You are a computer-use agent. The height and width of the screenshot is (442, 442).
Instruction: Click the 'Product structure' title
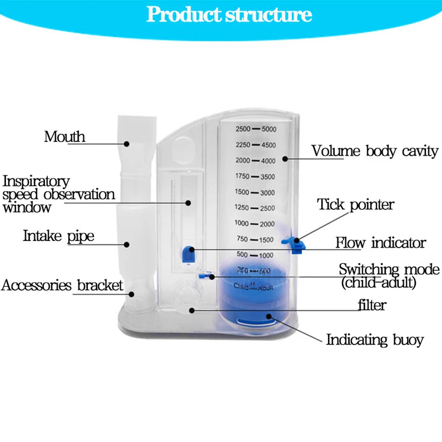tap(229, 14)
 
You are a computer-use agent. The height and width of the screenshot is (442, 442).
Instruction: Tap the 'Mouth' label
tap(65, 136)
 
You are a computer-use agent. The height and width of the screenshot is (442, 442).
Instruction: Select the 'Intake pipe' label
tap(58, 236)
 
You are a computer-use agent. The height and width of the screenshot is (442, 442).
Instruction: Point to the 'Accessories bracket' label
tap(62, 285)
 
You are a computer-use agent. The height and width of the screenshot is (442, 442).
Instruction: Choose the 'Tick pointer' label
tap(355, 205)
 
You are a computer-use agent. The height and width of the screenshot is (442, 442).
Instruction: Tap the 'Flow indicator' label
tap(380, 243)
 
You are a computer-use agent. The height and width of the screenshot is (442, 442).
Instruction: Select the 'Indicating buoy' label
tap(374, 339)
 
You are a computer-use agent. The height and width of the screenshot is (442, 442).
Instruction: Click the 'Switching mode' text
tap(389, 269)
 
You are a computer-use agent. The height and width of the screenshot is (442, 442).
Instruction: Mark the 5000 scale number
tap(268, 129)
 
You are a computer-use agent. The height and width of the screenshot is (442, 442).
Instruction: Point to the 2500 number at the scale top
tap(243, 129)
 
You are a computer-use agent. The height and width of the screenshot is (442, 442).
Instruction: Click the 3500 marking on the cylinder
tap(267, 177)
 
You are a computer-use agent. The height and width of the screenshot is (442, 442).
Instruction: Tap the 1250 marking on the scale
tap(242, 208)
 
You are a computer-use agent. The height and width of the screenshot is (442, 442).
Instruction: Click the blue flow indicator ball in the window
tap(189, 255)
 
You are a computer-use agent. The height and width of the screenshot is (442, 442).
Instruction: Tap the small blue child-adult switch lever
tap(204, 276)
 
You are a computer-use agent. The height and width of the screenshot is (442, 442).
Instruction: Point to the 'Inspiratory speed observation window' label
tap(58, 194)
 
